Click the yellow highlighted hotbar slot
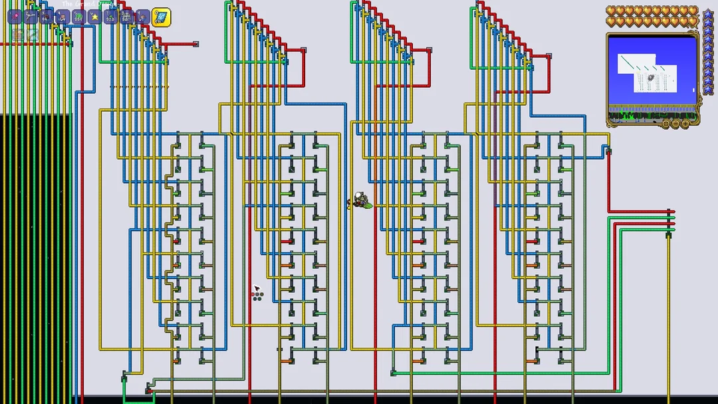(161, 17)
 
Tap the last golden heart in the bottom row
(693, 21)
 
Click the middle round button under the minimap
(675, 123)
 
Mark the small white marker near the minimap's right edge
(693, 90)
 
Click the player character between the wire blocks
(359, 200)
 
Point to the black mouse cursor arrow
(257, 289)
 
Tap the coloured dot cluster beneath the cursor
(257, 296)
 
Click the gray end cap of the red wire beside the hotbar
(195, 45)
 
